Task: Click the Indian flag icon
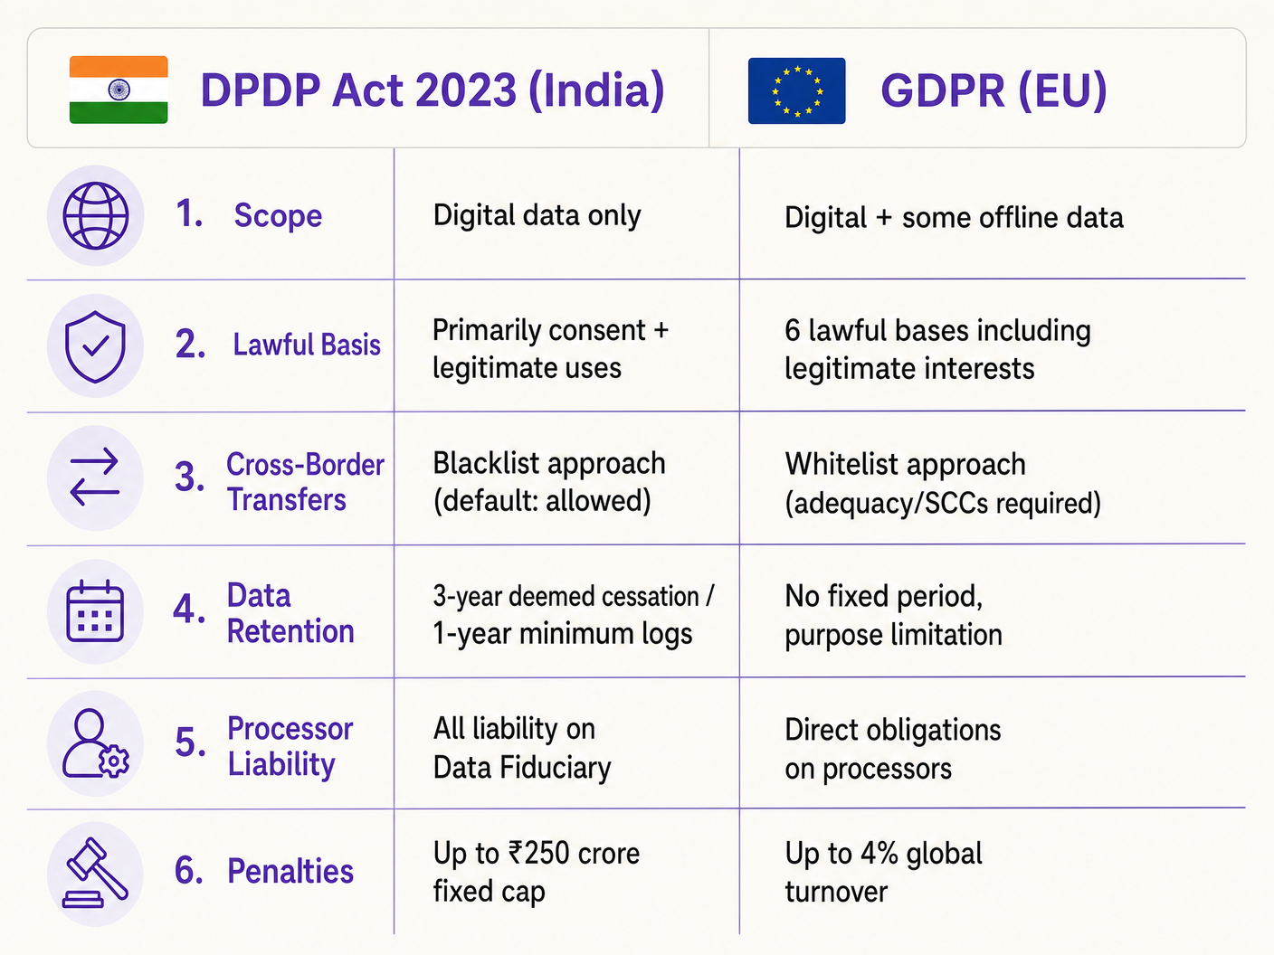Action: [119, 90]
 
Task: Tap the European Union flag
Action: [796, 90]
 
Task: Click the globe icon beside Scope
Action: [95, 215]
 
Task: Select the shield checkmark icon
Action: [95, 346]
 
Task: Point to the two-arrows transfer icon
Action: [95, 477]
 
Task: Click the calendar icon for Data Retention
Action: [95, 610]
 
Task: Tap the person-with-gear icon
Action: [95, 743]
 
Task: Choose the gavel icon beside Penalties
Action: [95, 874]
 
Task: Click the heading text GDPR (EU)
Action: [994, 90]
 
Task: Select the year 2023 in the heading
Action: [466, 90]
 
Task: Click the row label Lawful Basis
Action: [307, 345]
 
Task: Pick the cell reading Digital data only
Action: [537, 215]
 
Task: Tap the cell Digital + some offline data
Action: [954, 217]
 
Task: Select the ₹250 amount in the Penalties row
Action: [539, 853]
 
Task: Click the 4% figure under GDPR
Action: [879, 853]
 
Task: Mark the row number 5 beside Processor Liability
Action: [189, 742]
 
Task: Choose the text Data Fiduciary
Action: [522, 768]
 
